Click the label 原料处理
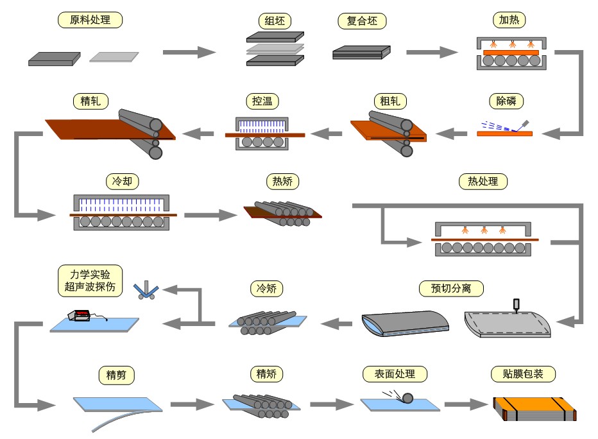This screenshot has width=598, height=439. click(x=90, y=20)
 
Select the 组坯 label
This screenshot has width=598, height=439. click(x=275, y=21)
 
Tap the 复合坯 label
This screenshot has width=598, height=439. click(x=362, y=21)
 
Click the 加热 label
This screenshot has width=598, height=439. click(x=511, y=20)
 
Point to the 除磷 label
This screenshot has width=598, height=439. click(x=506, y=101)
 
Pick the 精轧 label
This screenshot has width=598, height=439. click(x=90, y=101)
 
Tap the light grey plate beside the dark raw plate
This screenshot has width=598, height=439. click(x=114, y=57)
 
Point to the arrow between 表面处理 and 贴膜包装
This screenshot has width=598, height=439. click(x=466, y=404)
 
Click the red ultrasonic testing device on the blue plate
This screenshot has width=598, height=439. click(x=81, y=315)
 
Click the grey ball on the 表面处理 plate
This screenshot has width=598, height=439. click(x=407, y=399)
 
